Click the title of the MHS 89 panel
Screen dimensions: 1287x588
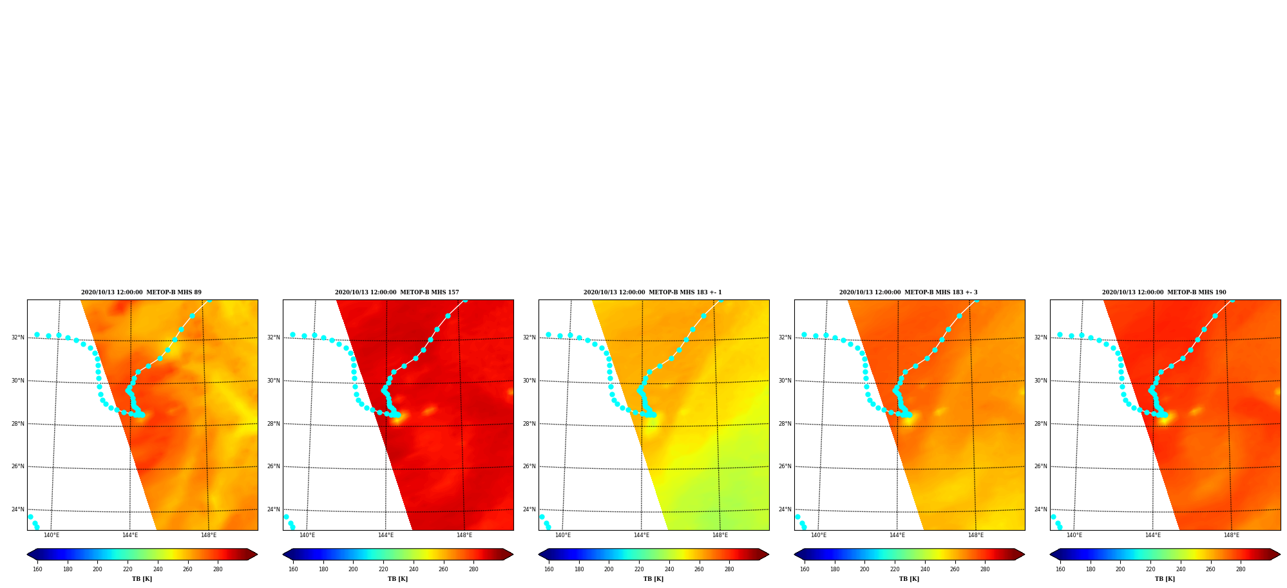click(x=141, y=292)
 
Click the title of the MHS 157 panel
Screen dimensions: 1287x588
click(x=397, y=292)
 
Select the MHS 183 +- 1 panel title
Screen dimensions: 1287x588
click(x=653, y=292)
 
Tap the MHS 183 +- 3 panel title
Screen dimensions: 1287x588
click(x=908, y=292)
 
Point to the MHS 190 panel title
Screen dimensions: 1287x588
click(x=1164, y=292)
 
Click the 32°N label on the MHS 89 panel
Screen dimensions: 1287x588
click(x=17, y=337)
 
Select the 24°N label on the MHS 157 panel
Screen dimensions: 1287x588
click(x=273, y=509)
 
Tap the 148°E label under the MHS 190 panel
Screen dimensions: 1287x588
click(x=1232, y=535)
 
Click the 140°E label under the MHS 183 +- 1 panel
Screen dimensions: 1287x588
click(x=562, y=535)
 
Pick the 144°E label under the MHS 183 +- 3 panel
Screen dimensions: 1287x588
click(x=897, y=535)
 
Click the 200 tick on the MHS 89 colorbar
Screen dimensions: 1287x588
click(x=97, y=569)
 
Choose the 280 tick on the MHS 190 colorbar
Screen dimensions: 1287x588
click(x=1241, y=569)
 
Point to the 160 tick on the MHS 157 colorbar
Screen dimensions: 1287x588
click(x=293, y=569)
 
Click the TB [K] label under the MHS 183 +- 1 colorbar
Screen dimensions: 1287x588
click(x=653, y=579)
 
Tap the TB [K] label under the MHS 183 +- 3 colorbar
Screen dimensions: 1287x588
click(x=909, y=579)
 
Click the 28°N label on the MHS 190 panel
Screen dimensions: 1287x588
click(x=1040, y=424)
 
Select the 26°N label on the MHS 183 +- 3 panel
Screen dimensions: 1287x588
click(x=785, y=466)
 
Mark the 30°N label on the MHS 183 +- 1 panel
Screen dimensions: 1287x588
click(x=529, y=381)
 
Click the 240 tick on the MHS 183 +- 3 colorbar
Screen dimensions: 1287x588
click(x=925, y=569)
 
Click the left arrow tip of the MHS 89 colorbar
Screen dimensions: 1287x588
click(x=27, y=555)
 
